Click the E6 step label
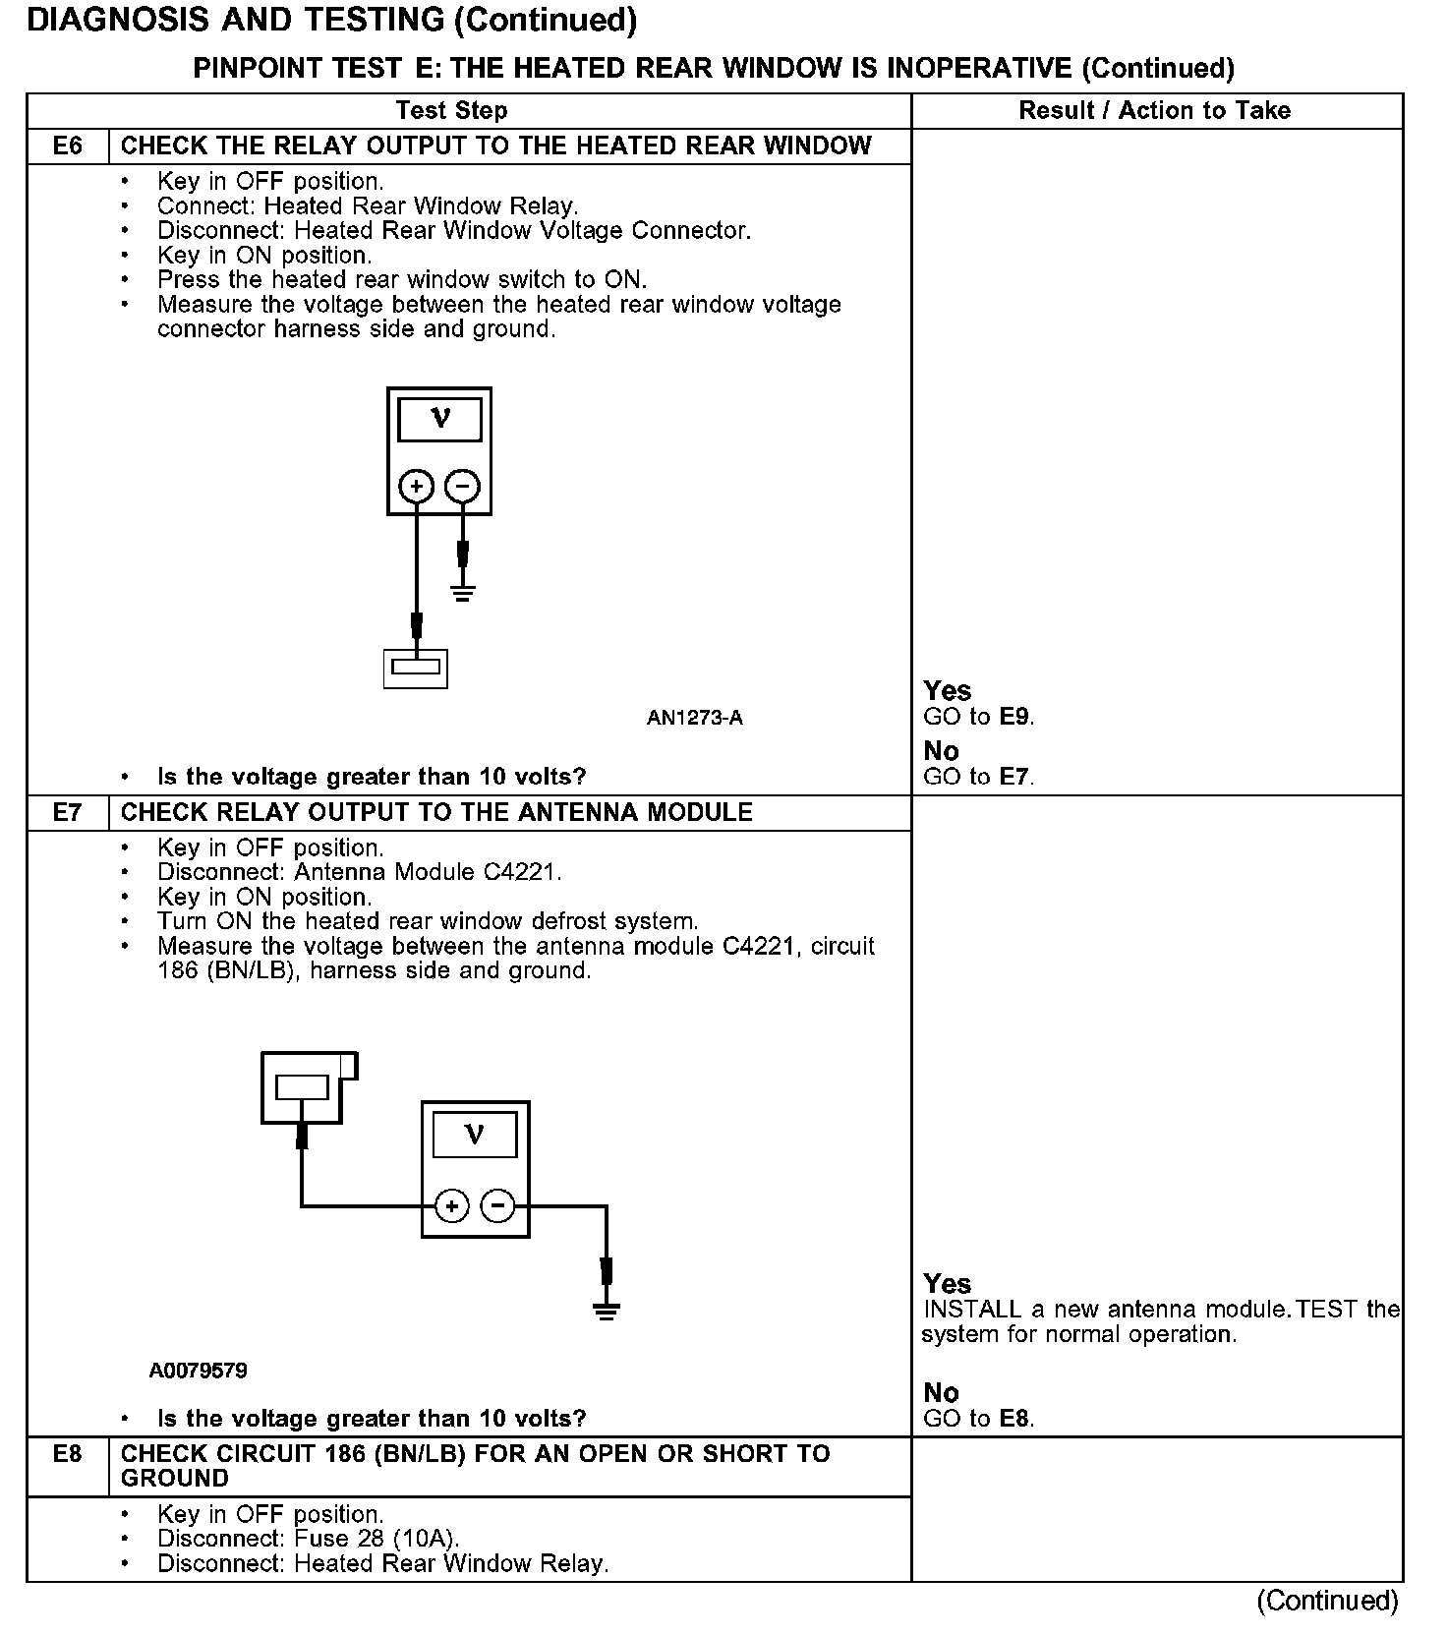tap(67, 146)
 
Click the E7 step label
tap(67, 813)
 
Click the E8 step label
tap(67, 1454)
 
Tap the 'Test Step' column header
tap(451, 111)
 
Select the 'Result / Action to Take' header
tap(1154, 111)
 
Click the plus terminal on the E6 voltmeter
tap(416, 486)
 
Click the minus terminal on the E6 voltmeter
tap(462, 486)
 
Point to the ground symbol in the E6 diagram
tap(463, 591)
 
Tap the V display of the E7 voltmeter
tap(475, 1136)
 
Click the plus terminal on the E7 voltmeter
tap(451, 1206)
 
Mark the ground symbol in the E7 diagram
tap(607, 1310)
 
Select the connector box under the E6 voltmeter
tap(415, 668)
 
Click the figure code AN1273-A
tap(694, 719)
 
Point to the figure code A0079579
tap(198, 1371)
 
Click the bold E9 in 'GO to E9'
tap(1014, 717)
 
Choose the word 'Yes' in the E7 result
tap(947, 1284)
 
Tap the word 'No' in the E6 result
tap(941, 751)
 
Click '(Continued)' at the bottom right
tap(1326, 1601)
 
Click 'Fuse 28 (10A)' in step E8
tap(376, 1540)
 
